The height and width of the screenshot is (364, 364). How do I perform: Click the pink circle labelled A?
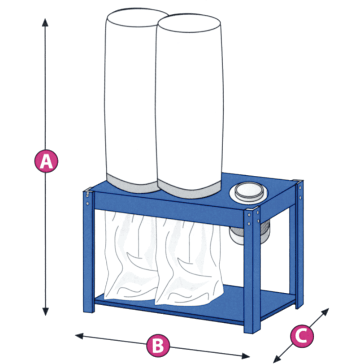click(46, 161)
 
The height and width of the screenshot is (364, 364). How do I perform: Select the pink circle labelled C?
click(302, 336)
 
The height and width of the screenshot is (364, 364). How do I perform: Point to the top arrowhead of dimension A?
click(45, 22)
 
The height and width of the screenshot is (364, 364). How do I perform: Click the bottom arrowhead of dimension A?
click(46, 312)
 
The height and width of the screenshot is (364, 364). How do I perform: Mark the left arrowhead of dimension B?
click(79, 336)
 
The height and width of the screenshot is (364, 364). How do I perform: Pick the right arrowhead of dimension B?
click(246, 355)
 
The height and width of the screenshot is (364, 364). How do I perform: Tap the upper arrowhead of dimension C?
click(326, 312)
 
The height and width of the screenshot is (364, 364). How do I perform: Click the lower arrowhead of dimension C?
click(277, 359)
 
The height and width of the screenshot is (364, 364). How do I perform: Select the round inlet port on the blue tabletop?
click(248, 192)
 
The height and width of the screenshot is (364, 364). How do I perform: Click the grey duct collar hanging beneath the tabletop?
click(248, 233)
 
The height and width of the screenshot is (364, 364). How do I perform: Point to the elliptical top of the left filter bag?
click(138, 17)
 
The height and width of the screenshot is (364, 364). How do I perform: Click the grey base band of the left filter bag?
click(133, 185)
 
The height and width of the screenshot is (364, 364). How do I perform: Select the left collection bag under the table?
click(130, 256)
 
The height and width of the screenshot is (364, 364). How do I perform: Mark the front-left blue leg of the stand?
click(89, 250)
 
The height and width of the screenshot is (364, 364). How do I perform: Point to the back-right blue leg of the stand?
click(299, 244)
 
